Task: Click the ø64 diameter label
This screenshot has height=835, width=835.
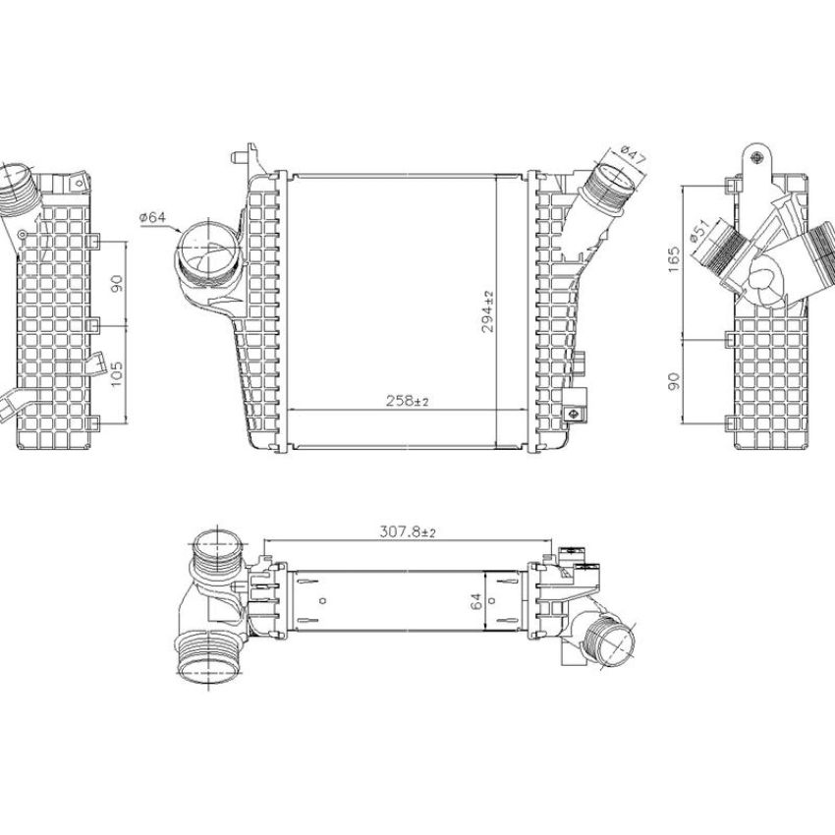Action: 153,217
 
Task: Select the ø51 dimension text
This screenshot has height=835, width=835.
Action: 699,231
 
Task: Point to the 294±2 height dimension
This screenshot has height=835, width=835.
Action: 488,311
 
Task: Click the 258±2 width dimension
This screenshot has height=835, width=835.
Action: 408,401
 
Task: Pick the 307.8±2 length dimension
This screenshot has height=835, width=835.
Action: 408,531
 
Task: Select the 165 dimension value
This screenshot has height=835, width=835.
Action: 674,259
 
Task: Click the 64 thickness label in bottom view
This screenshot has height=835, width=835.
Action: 476,601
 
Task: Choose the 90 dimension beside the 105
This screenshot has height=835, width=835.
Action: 116,283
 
